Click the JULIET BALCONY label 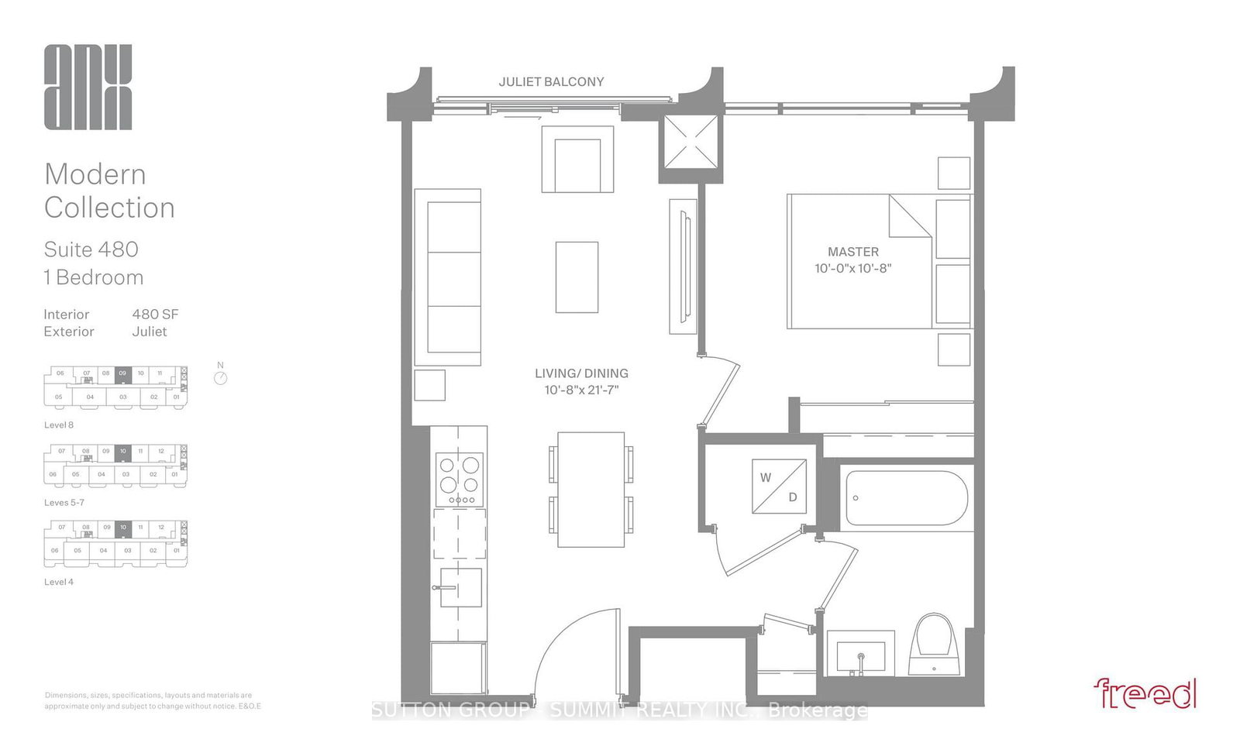[x=551, y=81]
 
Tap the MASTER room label [x=852, y=252]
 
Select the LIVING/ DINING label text [x=581, y=373]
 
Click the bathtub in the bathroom [x=905, y=497]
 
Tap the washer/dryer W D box [x=779, y=487]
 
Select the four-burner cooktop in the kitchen [x=460, y=478]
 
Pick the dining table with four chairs [x=591, y=490]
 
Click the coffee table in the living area [x=577, y=277]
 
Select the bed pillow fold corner [x=908, y=217]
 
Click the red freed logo [x=1145, y=693]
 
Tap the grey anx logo [x=88, y=87]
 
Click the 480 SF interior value [x=155, y=315]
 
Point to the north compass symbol [x=221, y=377]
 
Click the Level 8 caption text [x=59, y=425]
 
